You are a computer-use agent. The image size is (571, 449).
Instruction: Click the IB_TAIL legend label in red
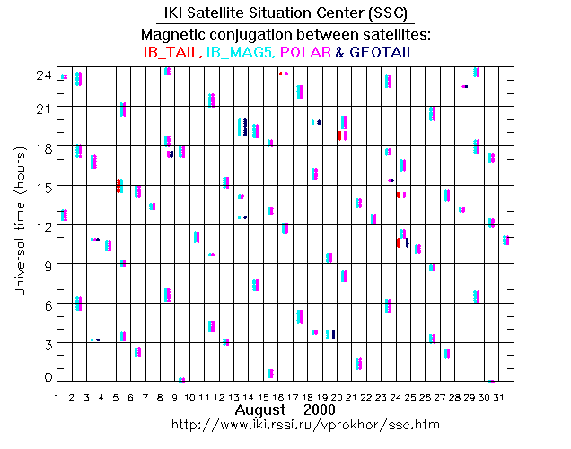pyautogui.click(x=171, y=52)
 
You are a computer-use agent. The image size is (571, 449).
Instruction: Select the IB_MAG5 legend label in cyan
pyautogui.click(x=236, y=52)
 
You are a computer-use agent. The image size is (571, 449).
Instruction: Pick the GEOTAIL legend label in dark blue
pyautogui.click(x=380, y=52)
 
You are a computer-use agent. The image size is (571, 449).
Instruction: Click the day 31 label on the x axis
pyautogui.click(x=507, y=397)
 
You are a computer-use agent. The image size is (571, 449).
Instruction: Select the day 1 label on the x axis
pyautogui.click(x=57, y=397)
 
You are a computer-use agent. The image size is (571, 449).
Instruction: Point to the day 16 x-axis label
pyautogui.click(x=281, y=397)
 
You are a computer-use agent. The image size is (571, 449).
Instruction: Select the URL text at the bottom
pyautogui.click(x=286, y=423)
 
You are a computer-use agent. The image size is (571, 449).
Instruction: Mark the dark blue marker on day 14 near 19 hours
pyautogui.click(x=245, y=127)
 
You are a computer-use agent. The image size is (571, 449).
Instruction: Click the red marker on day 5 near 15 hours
pyautogui.click(x=118, y=186)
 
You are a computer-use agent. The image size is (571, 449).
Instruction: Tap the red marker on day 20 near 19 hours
pyautogui.click(x=338, y=136)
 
